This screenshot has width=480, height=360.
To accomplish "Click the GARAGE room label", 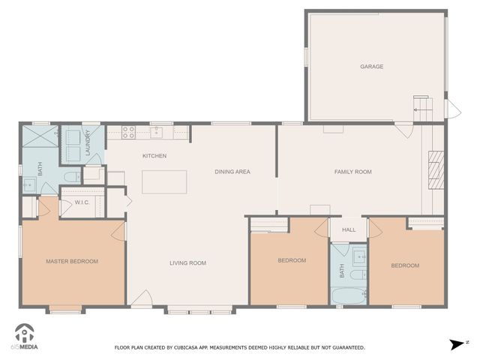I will (371, 67).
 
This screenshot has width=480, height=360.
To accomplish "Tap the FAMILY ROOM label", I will (352, 172).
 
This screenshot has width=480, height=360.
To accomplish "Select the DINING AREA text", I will (232, 172).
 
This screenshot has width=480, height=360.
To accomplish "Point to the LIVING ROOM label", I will (187, 262).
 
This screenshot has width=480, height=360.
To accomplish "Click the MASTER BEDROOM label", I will (72, 261).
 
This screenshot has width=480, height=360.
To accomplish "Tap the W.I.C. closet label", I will (82, 202).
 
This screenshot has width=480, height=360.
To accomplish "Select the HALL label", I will (349, 229).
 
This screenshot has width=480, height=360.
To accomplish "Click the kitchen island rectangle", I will (164, 182).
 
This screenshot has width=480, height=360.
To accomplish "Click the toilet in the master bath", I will (69, 177).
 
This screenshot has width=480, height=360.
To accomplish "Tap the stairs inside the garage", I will (421, 109).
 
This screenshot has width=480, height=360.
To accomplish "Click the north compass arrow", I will (455, 344).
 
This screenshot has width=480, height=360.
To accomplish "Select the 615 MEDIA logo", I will (26, 338).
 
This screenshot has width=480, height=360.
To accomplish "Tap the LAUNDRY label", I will (88, 142).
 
